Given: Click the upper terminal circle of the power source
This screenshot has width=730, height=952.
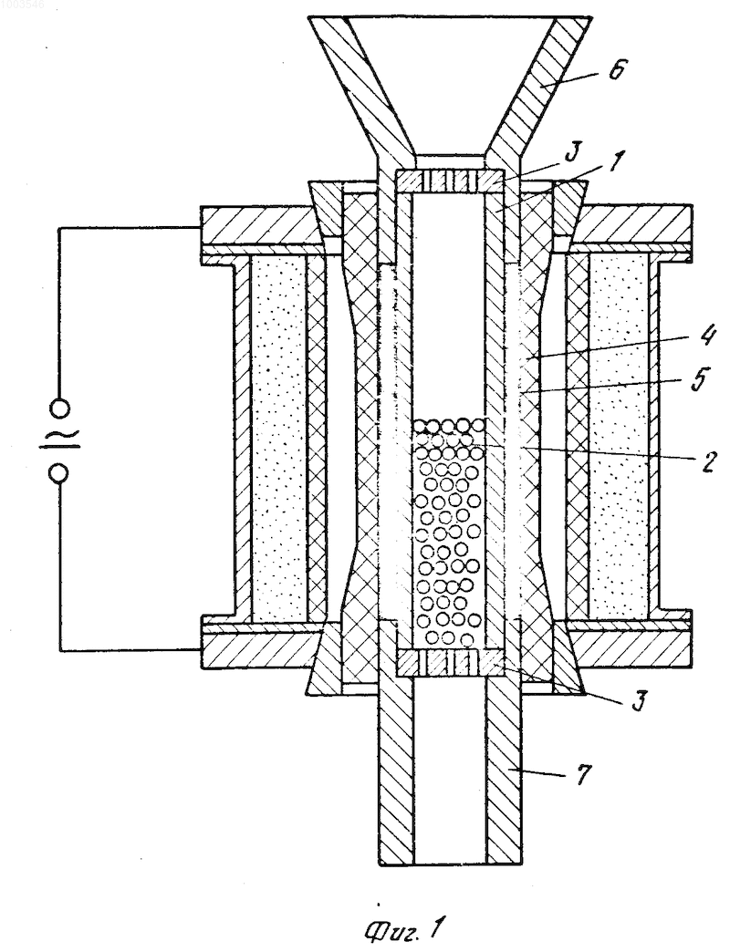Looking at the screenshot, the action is [60, 409].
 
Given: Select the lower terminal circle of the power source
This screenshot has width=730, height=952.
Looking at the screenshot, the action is [60, 473].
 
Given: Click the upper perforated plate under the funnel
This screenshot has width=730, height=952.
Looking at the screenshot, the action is [450, 181].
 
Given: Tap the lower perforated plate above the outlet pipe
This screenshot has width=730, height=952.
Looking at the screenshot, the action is [450, 662].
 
